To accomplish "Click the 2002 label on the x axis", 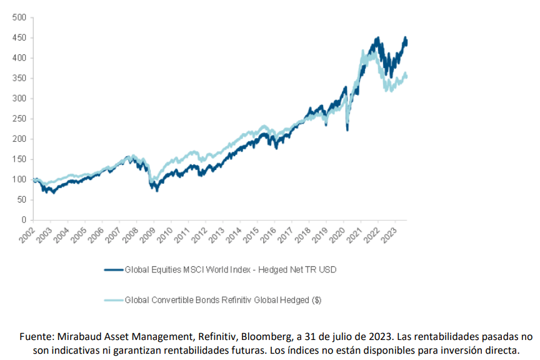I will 26,234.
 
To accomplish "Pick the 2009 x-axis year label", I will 147,234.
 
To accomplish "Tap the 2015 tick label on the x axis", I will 250,234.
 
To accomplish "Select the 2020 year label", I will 336,234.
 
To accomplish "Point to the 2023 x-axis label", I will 388,234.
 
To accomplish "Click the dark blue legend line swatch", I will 113,270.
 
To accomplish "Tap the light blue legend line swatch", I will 113,300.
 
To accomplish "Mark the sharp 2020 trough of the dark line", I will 347,129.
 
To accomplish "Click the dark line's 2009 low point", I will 157,189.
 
